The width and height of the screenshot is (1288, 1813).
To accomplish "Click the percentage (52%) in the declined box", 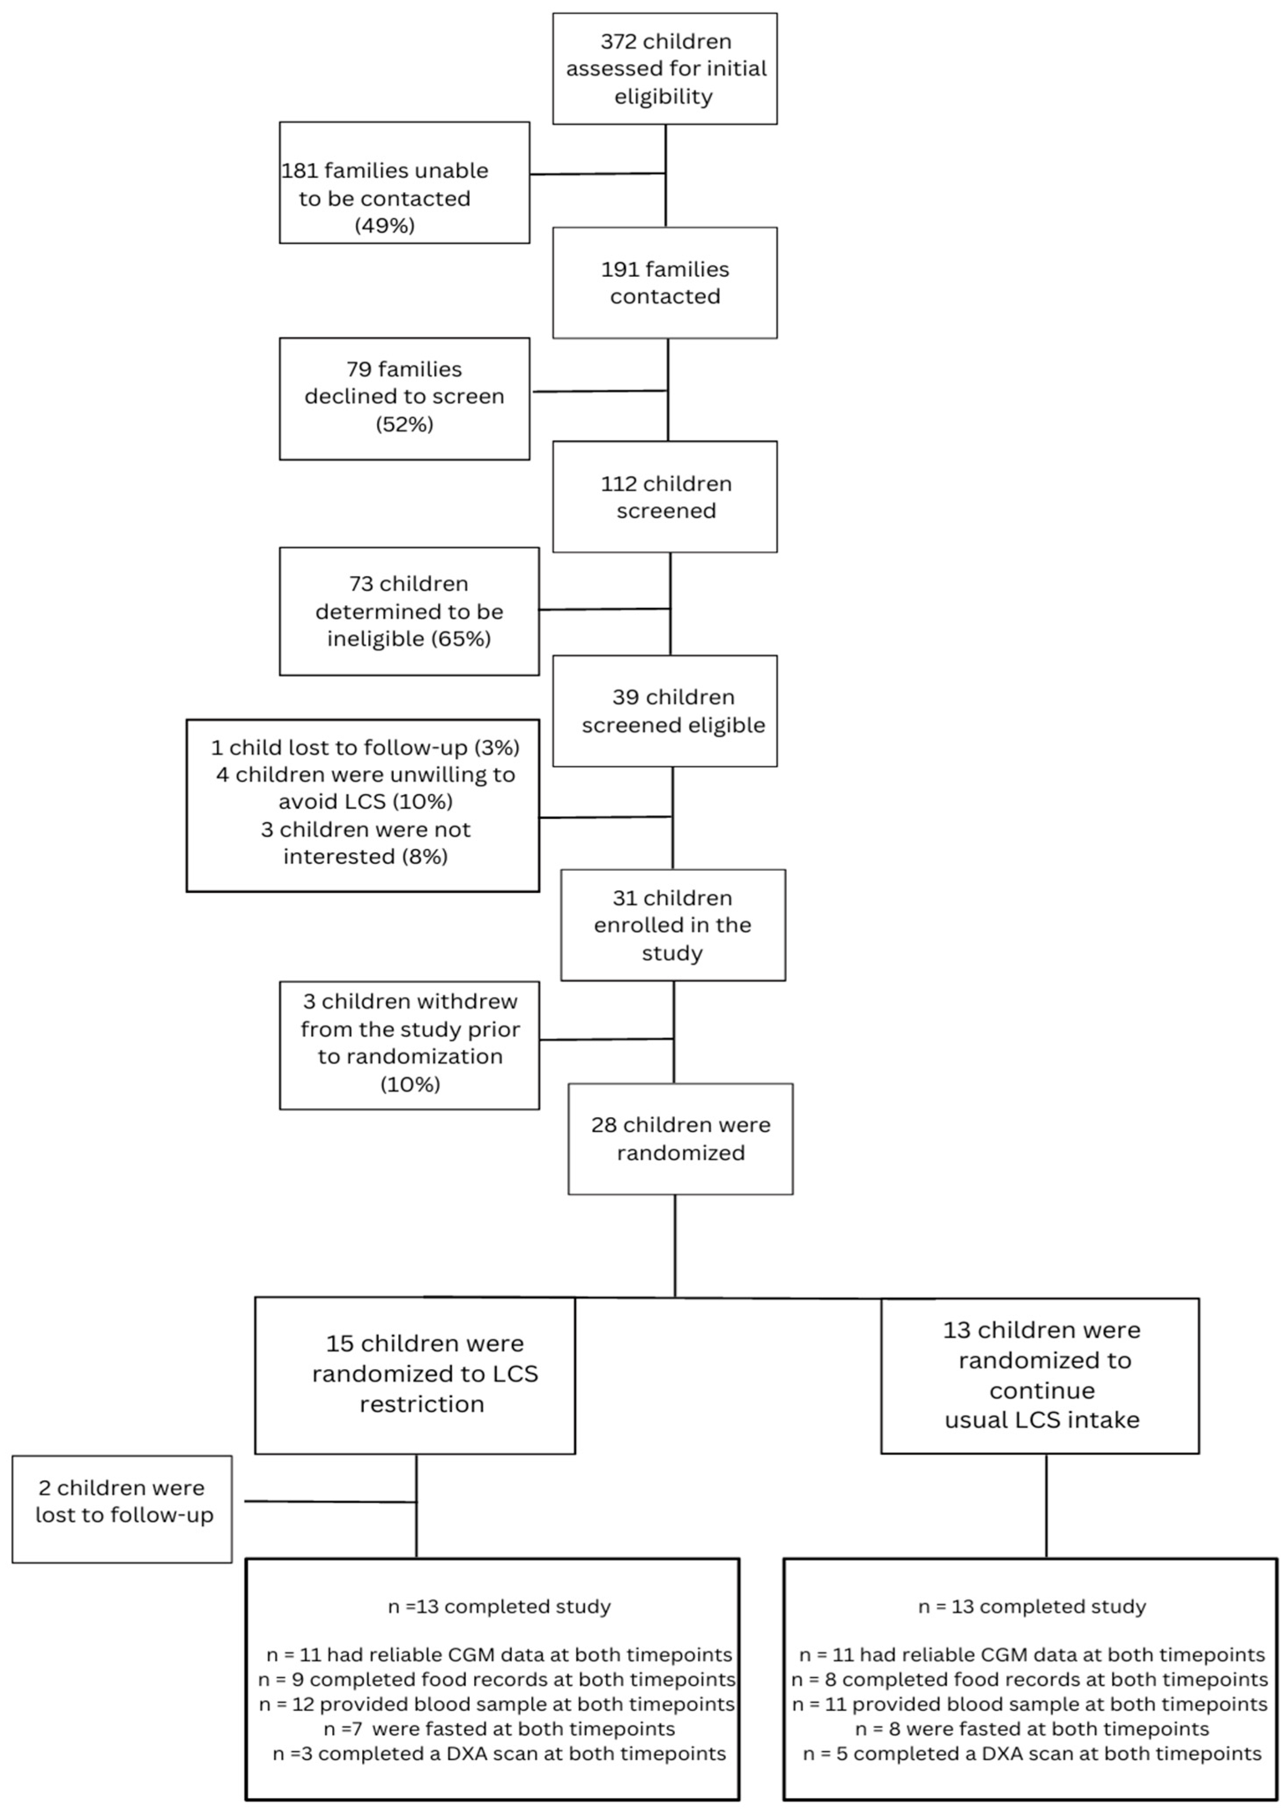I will [x=404, y=424].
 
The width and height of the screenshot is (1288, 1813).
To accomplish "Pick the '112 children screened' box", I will [x=665, y=497].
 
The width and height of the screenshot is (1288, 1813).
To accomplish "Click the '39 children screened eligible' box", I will [x=665, y=711].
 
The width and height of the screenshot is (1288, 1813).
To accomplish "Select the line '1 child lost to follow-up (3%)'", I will [x=365, y=747].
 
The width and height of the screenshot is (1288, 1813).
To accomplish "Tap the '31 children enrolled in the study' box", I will [x=673, y=925].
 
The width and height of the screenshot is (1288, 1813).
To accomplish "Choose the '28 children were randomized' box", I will [x=681, y=1139].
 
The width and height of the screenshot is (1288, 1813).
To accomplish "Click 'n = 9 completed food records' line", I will [x=496, y=1680].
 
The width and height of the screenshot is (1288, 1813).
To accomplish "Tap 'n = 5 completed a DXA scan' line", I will [x=1032, y=1754].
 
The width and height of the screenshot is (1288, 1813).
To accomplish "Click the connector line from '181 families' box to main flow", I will [x=596, y=174].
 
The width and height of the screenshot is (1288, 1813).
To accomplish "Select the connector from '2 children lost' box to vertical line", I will [x=329, y=1501].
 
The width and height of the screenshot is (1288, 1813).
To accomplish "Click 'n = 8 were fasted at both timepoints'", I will [x=1032, y=1729].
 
